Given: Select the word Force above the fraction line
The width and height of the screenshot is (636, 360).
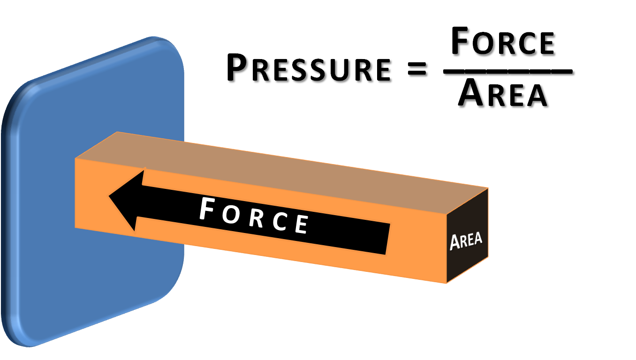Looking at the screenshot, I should coord(504,44).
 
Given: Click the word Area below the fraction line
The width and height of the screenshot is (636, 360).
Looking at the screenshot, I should coord(504,96).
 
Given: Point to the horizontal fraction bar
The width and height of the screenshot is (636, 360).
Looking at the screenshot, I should coord(509,73).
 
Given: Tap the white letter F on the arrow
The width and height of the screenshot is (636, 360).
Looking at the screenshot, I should coord(208,210).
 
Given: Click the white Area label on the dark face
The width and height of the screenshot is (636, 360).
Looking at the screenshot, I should coord(466,240).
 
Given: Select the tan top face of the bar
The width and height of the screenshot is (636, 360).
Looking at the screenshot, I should coord(281,164).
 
